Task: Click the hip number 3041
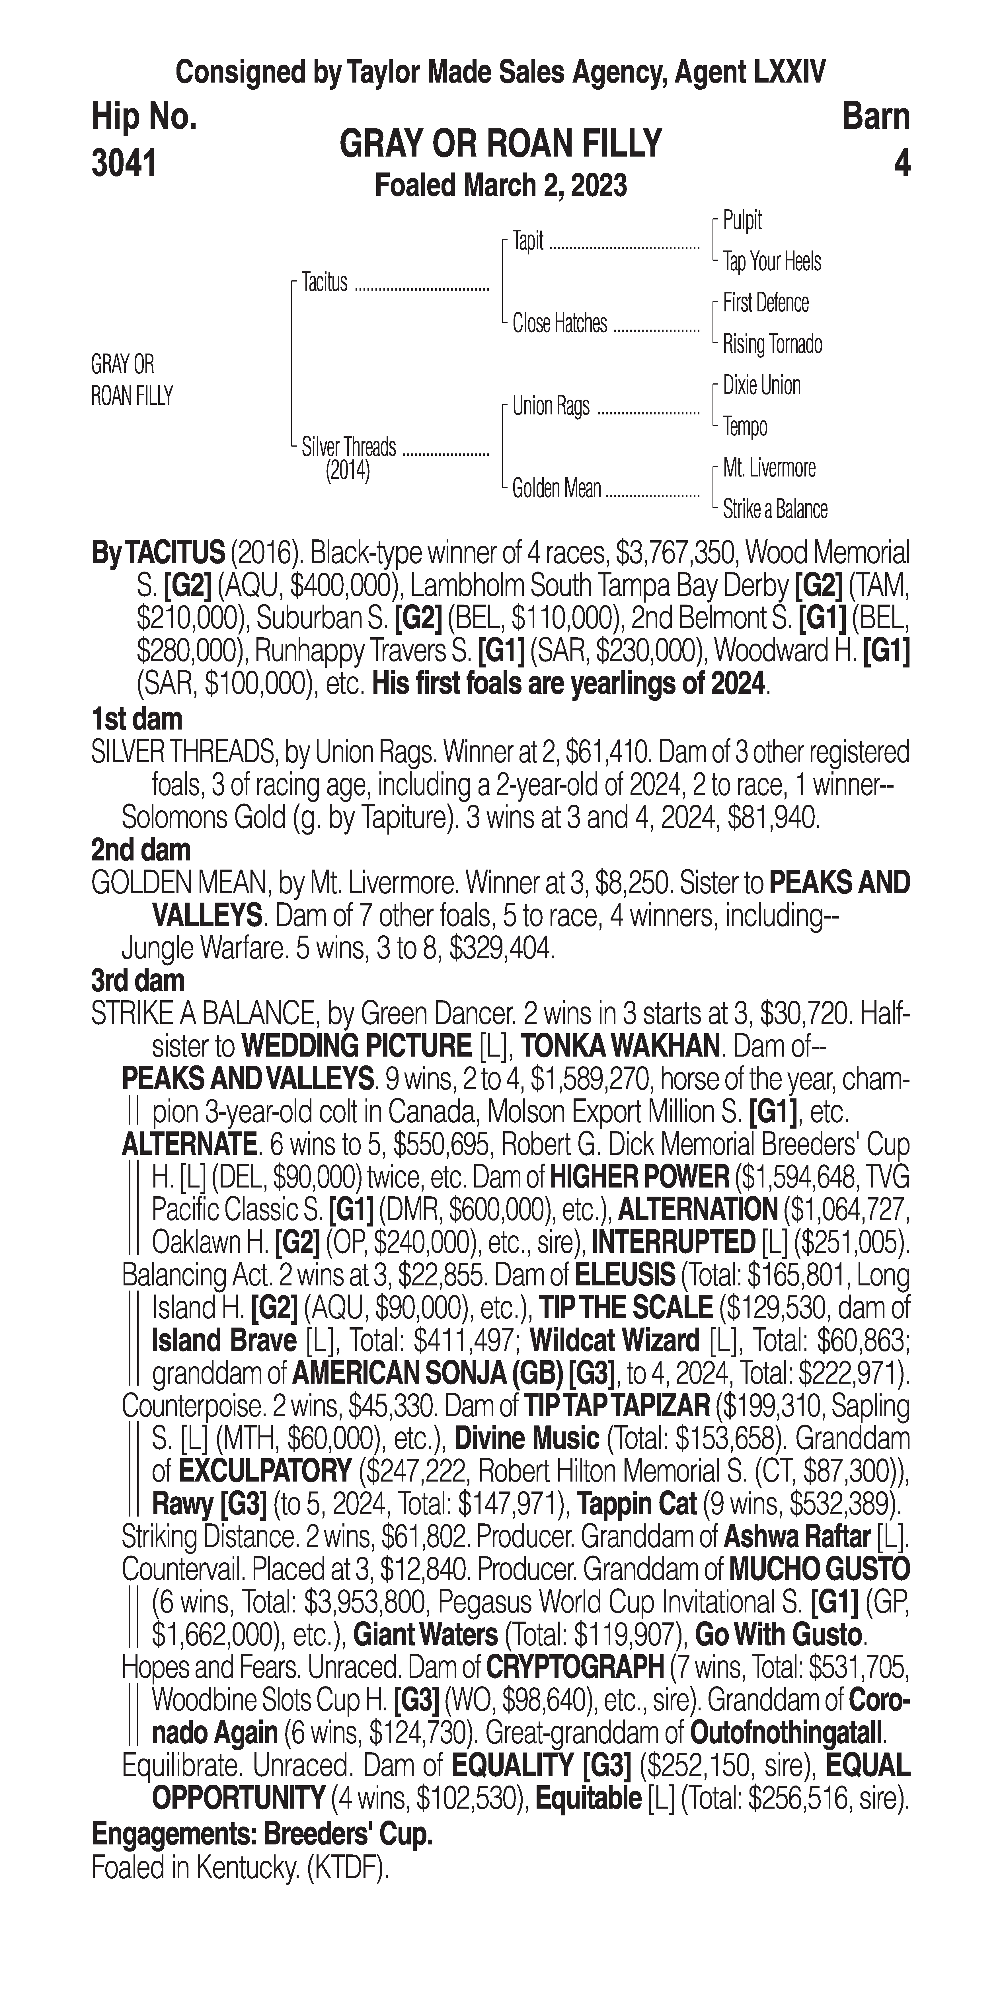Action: pos(124,163)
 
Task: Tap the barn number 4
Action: pos(901,163)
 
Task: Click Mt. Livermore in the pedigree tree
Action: pos(769,468)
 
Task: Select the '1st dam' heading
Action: pos(137,718)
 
